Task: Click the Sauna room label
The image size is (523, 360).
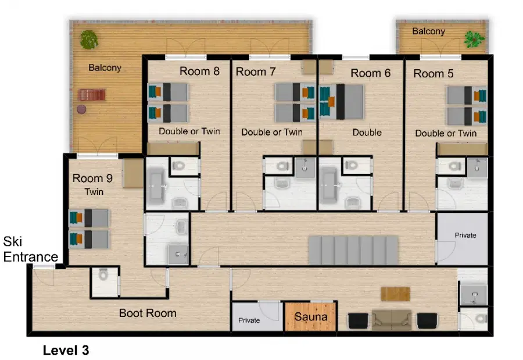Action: (311, 316)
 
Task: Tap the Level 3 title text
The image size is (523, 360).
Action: (66, 350)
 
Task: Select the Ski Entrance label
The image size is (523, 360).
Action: (30, 249)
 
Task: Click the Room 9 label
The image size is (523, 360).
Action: (93, 179)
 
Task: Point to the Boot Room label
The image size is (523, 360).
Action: (148, 313)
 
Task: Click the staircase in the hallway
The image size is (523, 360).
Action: (353, 251)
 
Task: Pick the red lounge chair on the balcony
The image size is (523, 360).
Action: (91, 95)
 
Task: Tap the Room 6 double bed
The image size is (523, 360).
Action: (342, 102)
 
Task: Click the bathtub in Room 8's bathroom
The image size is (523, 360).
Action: (156, 186)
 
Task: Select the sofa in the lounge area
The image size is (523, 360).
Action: (392, 320)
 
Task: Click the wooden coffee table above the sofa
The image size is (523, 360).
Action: (395, 294)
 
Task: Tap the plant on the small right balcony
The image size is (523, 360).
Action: (474, 39)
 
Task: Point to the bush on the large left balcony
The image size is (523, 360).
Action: (89, 40)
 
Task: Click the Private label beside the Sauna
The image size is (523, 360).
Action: (249, 320)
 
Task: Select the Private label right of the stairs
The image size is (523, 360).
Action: (465, 235)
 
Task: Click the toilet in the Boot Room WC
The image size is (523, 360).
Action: (104, 275)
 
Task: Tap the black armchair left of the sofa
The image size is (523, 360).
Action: (358, 320)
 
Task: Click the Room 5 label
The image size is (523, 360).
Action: (434, 73)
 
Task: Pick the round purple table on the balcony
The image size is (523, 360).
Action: (81, 109)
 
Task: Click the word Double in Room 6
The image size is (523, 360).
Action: (367, 133)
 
